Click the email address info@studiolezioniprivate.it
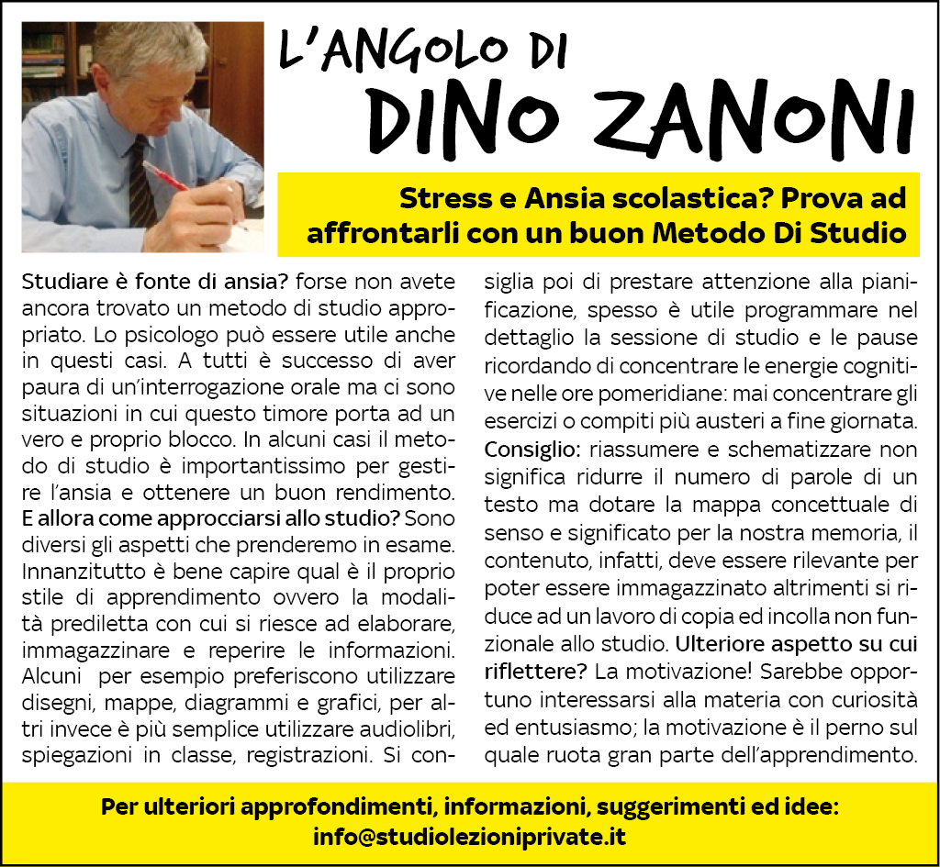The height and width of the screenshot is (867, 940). point(470,837)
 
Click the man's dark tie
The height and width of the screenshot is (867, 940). point(141,183)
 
